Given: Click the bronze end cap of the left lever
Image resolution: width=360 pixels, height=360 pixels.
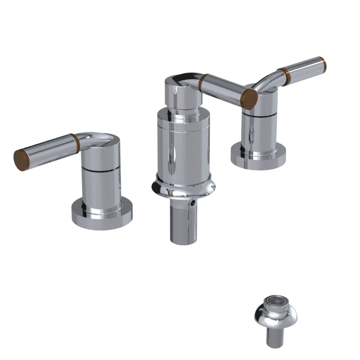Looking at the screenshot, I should click(x=21, y=159).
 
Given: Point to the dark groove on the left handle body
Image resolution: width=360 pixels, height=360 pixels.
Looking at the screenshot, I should click(x=101, y=168).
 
